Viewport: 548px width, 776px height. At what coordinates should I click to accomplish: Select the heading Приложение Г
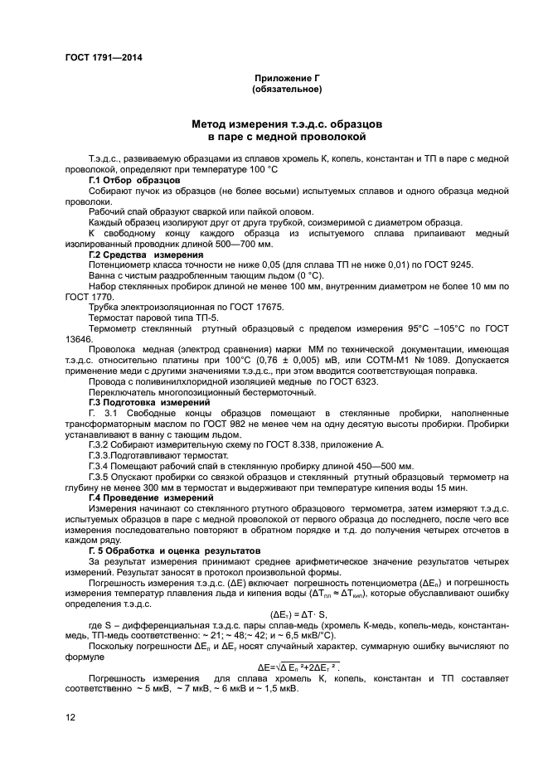click(x=286, y=77)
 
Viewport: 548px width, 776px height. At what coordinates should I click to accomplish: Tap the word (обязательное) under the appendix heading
click(x=286, y=88)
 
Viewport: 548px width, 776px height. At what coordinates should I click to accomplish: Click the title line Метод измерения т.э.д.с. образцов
click(x=286, y=122)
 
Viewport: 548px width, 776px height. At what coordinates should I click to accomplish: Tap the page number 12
click(x=70, y=716)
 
